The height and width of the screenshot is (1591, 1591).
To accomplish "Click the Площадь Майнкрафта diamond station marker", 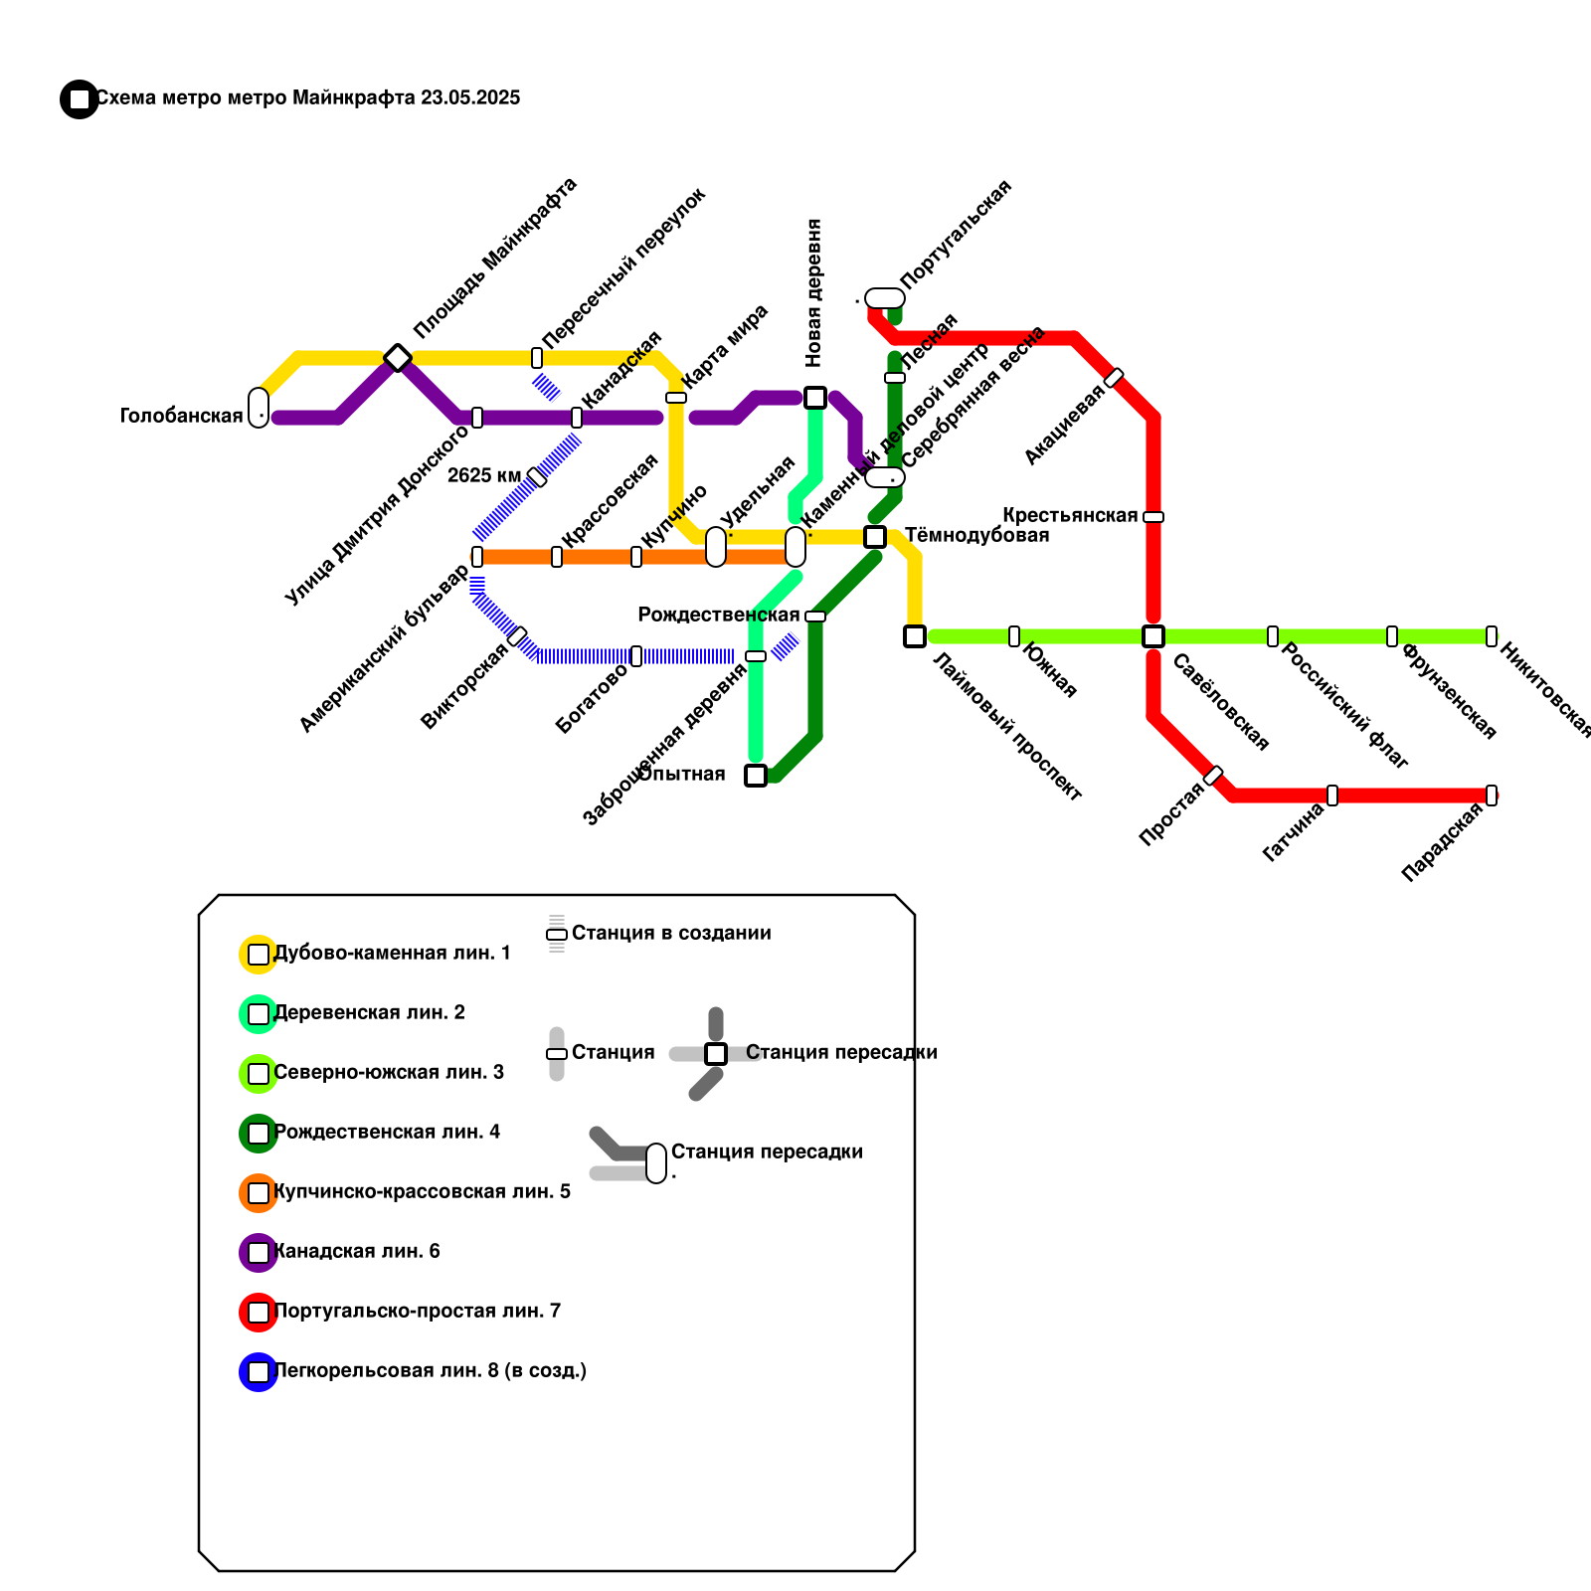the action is pos(398,358).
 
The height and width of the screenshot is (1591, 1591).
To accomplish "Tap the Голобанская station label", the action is pos(181,416).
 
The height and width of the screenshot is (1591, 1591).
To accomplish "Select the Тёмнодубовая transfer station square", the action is pos(875,537).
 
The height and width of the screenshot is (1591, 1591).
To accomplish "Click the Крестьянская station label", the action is pos(1069,515).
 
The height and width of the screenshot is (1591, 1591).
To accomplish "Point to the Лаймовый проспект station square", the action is pos(915,636).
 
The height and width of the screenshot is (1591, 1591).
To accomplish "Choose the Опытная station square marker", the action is pos(756,776).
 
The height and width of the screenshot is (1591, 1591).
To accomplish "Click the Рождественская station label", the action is pos(718,615).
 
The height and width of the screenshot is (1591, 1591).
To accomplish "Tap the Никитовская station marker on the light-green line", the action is pos(1492,636).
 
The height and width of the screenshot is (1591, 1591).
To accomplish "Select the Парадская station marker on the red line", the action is pos(1492,795).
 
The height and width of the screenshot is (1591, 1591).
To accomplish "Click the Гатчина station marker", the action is pos(1332,795).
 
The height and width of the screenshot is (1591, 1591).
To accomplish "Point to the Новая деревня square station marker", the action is pos(815,398).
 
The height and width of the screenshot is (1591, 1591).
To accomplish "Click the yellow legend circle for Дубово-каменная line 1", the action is pos(259,955).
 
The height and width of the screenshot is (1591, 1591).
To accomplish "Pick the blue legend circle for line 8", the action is pos(259,1372).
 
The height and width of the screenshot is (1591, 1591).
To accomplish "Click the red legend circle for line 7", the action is pos(259,1313).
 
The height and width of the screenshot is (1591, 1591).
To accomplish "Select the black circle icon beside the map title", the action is pos(79,99).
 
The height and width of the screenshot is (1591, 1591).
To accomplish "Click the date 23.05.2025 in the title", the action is pos(470,97).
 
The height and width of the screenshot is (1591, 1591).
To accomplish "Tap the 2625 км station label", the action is pos(483,475).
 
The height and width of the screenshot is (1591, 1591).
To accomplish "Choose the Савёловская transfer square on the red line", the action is pos(1153,636).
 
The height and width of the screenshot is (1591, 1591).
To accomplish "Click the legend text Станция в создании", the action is pos(671,933).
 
